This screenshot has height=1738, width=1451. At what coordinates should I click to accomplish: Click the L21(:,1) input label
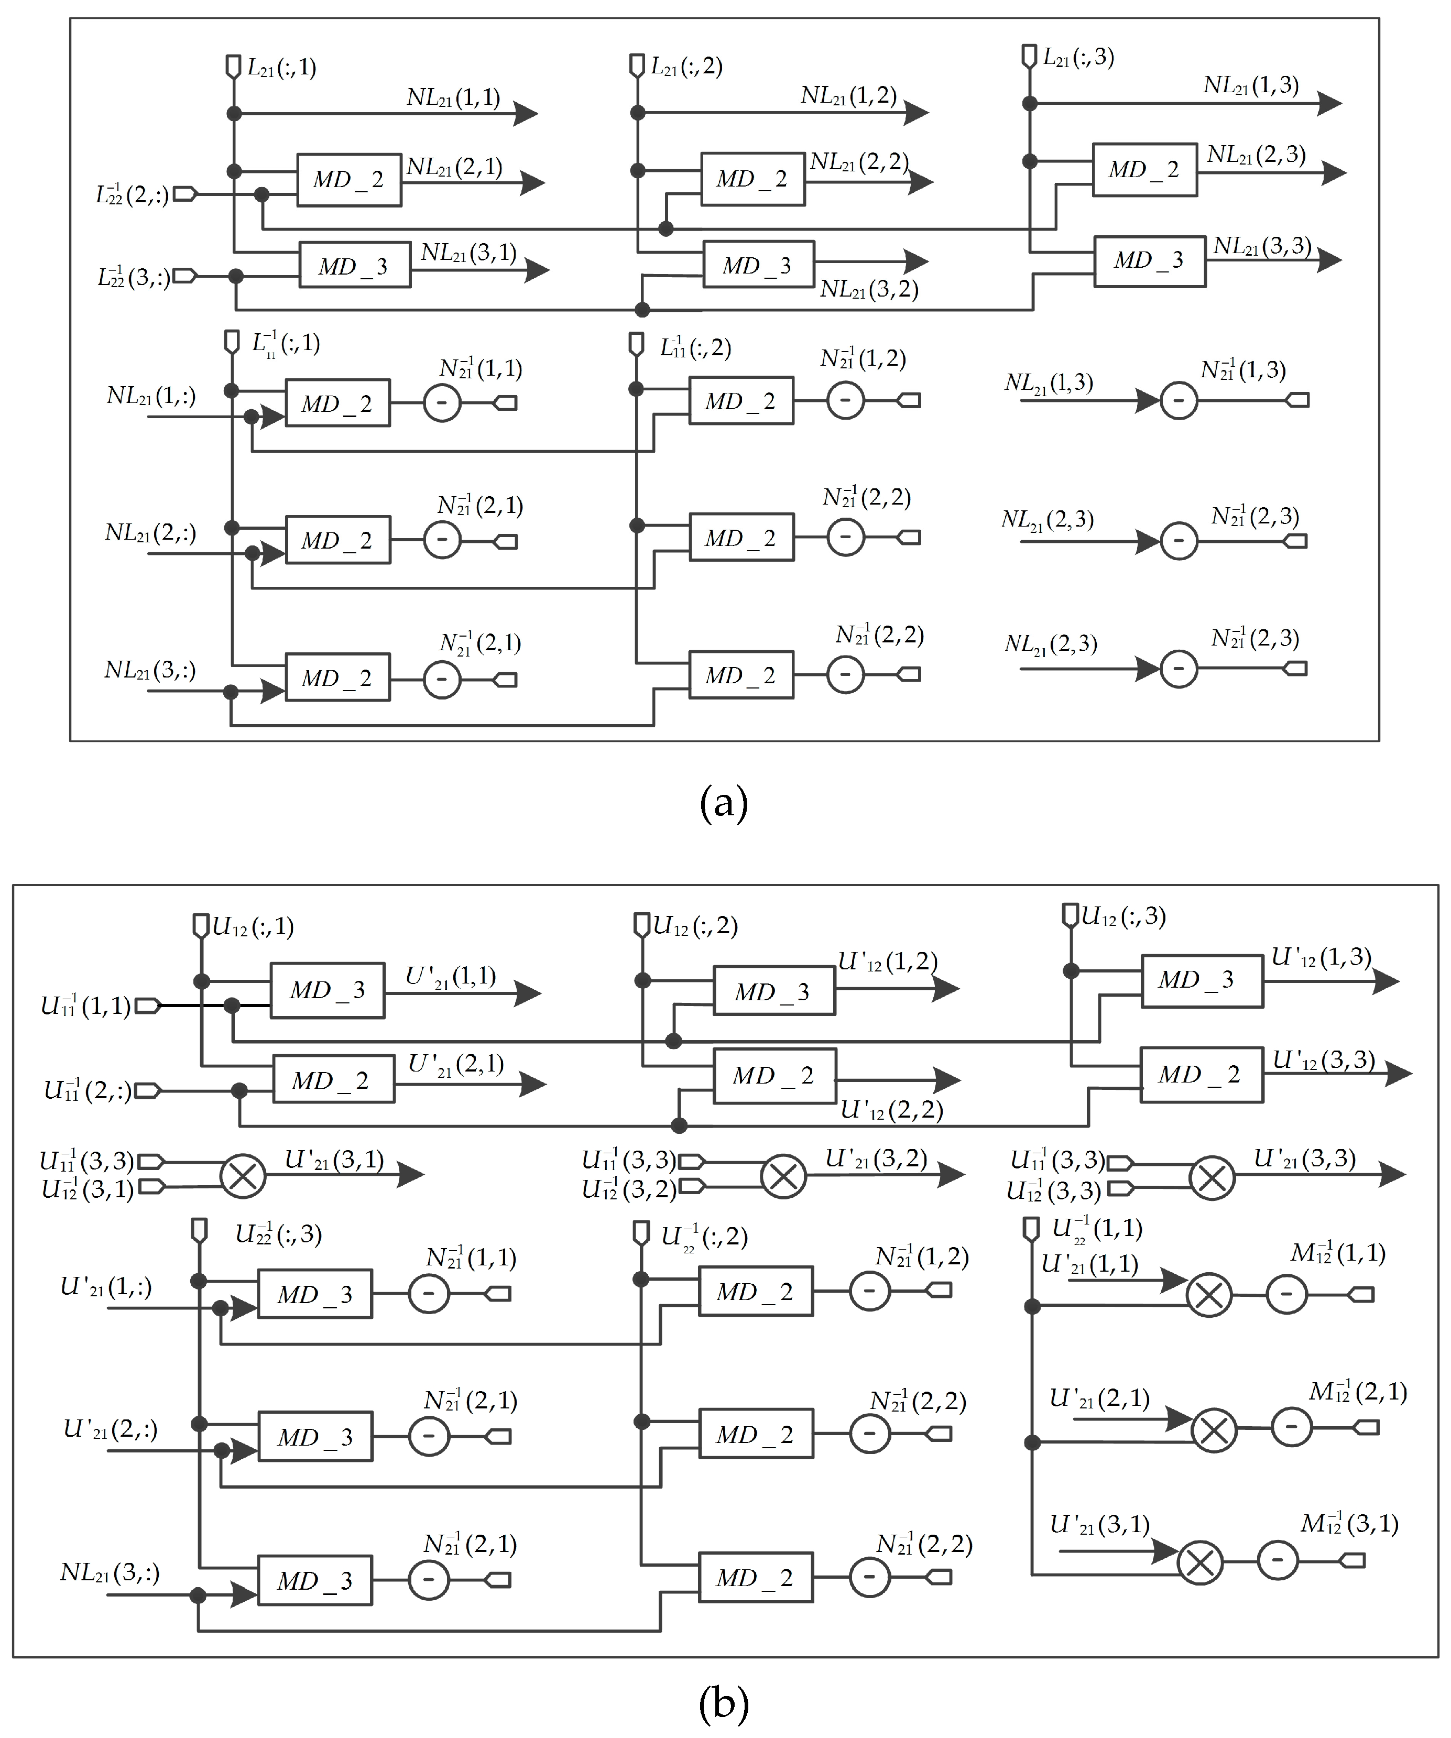pyautogui.click(x=281, y=68)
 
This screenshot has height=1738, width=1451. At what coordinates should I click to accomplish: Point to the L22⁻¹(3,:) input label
pyautogui.click(x=133, y=277)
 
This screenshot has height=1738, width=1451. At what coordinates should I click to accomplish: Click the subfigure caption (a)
pyautogui.click(x=724, y=803)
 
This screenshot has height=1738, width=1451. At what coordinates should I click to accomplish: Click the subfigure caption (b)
pyautogui.click(x=724, y=1703)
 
